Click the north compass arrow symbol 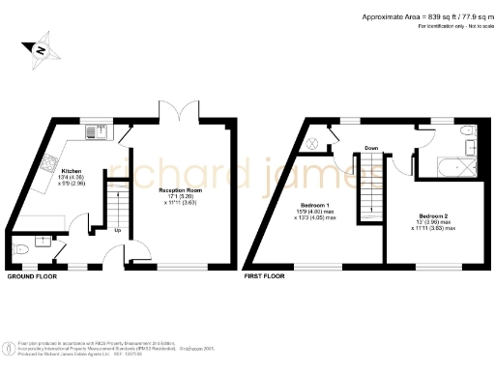click(x=40, y=49)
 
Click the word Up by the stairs click(x=118, y=230)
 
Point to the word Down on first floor click(x=370, y=148)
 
